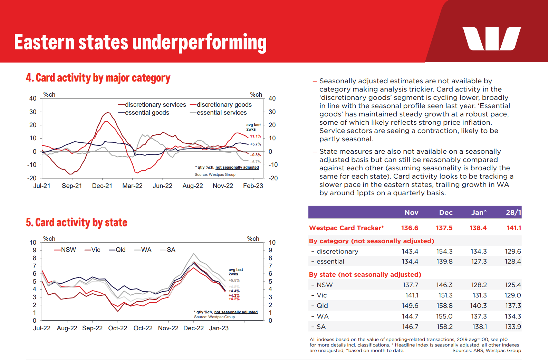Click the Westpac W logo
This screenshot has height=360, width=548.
(491, 39)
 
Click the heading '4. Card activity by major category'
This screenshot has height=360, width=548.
(98, 78)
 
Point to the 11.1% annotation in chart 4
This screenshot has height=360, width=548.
(255, 136)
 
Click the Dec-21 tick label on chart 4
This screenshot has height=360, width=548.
(102, 186)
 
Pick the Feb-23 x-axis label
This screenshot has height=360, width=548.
(253, 186)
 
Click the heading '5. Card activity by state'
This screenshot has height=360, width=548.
(77, 222)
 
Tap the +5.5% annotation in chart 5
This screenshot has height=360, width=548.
(234, 281)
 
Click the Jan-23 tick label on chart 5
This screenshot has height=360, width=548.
(219, 328)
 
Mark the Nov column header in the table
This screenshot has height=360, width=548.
(411, 213)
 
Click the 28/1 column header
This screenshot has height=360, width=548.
(513, 213)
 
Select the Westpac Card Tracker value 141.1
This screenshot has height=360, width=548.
(513, 228)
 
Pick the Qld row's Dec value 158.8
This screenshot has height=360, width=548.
(444, 306)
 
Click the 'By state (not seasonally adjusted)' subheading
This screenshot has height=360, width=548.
(365, 275)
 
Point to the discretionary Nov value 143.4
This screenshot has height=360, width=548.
(410, 252)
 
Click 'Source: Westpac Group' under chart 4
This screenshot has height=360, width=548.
(215, 174)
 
